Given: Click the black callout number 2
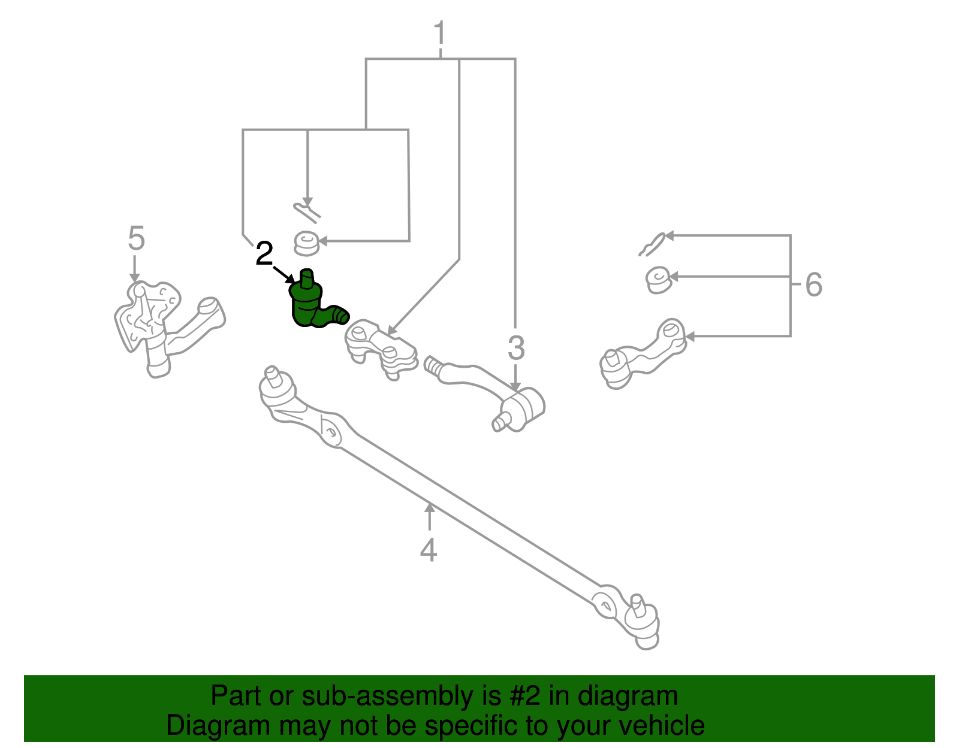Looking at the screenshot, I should click(264, 254).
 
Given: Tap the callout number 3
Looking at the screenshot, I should click(515, 348).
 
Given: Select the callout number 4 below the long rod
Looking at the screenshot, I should click(428, 550).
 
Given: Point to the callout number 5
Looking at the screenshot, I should click(136, 239).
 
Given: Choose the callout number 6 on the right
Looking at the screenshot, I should click(813, 284).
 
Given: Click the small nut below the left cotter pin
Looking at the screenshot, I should click(306, 243).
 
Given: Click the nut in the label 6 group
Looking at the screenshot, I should click(658, 280).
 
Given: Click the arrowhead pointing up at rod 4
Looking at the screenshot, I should click(429, 508).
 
